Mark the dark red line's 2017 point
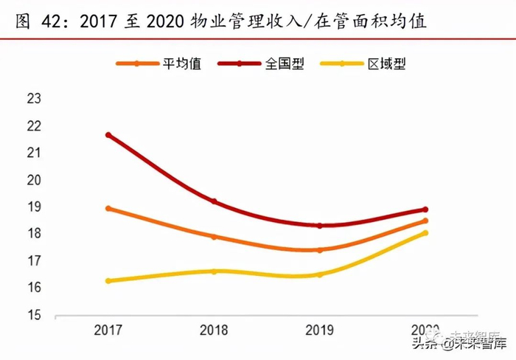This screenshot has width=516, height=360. pos(108,135)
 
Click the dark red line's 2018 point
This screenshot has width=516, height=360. pos(214,201)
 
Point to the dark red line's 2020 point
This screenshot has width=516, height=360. pos(425,210)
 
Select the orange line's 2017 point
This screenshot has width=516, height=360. pos(108,208)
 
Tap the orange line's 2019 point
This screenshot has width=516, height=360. pos(319,250)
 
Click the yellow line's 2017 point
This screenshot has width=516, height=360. pos(108,281)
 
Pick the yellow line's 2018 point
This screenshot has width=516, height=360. pos(214,271)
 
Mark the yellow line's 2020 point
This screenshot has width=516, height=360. pos(425,233)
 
